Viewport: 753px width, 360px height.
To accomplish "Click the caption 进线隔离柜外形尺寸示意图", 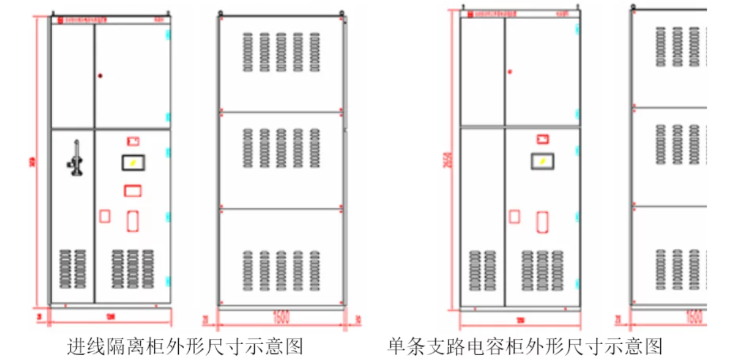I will [x=184, y=346].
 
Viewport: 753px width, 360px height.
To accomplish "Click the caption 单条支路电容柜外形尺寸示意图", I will [x=525, y=346].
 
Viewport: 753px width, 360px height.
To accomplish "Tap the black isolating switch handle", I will [x=74, y=160].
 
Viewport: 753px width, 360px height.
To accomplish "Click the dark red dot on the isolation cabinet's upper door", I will [x=100, y=76].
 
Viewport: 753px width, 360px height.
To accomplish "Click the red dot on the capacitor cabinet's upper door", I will [x=510, y=72].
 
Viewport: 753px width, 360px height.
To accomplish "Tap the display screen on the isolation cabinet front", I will [x=133, y=162].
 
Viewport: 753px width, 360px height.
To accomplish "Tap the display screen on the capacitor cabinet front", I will [x=542, y=161].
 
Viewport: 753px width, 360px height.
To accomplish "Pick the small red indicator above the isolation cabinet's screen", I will [x=133, y=141].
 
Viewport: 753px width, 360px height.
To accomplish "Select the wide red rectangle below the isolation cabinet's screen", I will [x=133, y=190].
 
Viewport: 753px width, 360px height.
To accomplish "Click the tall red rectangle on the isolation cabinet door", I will [x=133, y=221].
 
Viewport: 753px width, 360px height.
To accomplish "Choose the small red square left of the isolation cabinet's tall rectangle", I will [x=104, y=216].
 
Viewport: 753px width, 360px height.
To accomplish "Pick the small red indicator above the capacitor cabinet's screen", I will [x=542, y=139].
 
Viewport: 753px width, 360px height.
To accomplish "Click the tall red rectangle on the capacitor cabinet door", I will [x=542, y=222].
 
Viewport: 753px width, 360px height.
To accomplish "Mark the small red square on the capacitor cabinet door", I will [x=514, y=216].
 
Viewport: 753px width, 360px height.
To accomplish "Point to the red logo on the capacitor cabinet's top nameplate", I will [x=469, y=14].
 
